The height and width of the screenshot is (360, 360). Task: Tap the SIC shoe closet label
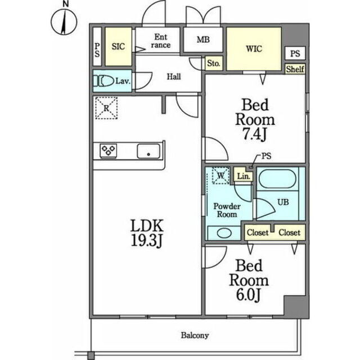tap(118, 47)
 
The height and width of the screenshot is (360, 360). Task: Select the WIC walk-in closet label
tap(254, 49)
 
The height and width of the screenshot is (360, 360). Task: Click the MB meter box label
tap(203, 40)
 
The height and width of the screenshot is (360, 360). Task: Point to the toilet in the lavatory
tap(103, 81)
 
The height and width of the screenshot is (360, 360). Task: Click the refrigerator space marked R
tap(106, 108)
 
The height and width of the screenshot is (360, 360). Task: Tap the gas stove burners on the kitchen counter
tap(109, 151)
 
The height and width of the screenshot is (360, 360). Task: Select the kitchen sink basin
tap(148, 151)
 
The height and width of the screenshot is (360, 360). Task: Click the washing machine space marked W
tap(220, 175)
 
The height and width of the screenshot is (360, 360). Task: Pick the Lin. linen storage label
tap(244, 177)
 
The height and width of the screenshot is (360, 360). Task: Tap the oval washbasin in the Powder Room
tap(224, 233)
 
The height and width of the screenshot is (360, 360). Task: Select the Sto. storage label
tap(214, 63)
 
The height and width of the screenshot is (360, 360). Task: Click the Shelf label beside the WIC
tap(295, 69)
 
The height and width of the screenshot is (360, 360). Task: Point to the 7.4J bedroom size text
tap(255, 134)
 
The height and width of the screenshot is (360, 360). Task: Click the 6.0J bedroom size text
tap(249, 295)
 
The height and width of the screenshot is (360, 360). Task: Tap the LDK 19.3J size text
tap(147, 233)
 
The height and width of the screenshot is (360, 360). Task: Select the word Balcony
tap(195, 335)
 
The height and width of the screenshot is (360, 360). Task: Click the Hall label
tap(174, 76)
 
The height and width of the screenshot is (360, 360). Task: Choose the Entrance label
tap(161, 41)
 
